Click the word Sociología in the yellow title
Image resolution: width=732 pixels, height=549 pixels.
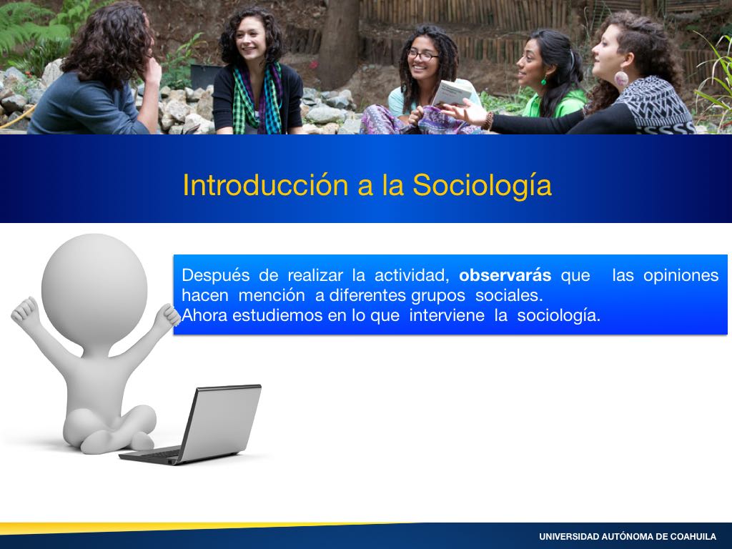click(x=482, y=186)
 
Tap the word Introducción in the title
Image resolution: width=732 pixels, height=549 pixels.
click(x=265, y=185)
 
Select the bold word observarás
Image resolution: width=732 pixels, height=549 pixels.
click(x=505, y=275)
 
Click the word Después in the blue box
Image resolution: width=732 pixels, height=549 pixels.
click(x=216, y=276)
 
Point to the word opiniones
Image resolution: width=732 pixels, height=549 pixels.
click(x=681, y=276)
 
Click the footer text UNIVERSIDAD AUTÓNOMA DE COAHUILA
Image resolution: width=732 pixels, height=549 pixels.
click(x=628, y=537)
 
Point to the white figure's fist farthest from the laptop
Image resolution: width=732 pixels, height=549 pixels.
click(x=25, y=311)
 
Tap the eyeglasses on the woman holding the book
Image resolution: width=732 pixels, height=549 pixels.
click(x=422, y=56)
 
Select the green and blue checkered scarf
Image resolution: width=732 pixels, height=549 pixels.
click(x=257, y=100)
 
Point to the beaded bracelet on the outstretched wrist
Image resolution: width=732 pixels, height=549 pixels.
click(x=488, y=122)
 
